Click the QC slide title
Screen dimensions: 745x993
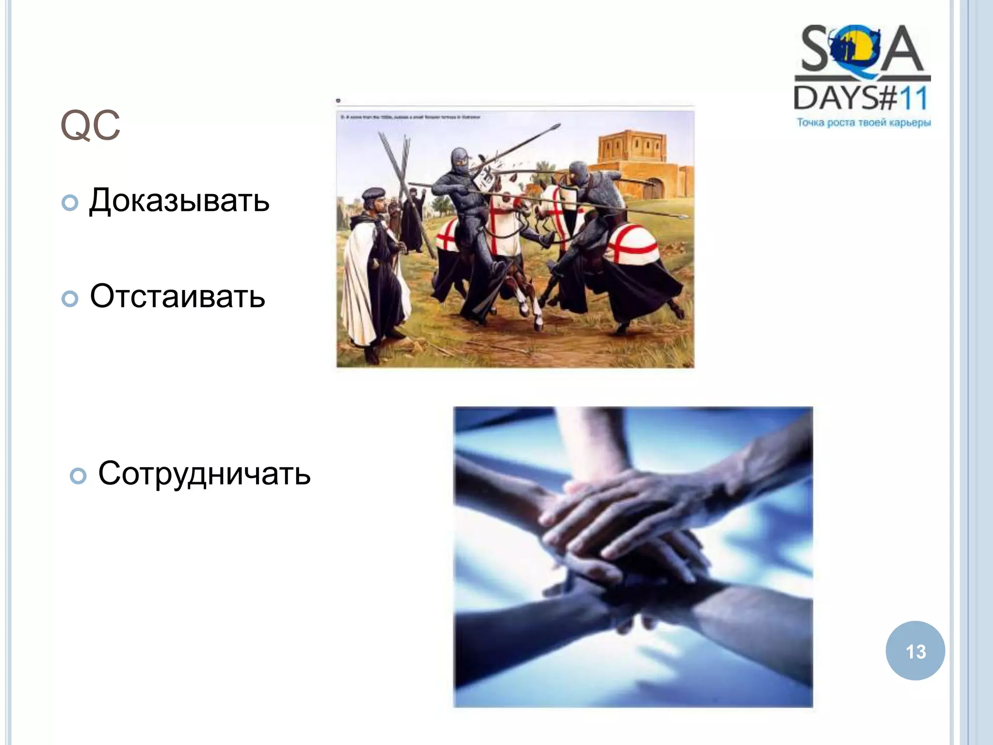tap(90, 126)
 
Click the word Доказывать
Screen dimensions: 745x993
tap(179, 200)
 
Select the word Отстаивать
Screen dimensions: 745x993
tap(177, 296)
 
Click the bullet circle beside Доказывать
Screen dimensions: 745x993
tap(70, 203)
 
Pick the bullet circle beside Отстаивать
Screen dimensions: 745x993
tap(70, 299)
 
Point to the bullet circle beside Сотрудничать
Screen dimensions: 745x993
tap(78, 476)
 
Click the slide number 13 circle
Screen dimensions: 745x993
tap(915, 650)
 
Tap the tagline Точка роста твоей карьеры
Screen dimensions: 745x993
tap(864, 123)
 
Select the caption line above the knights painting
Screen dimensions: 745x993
tap(410, 117)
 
